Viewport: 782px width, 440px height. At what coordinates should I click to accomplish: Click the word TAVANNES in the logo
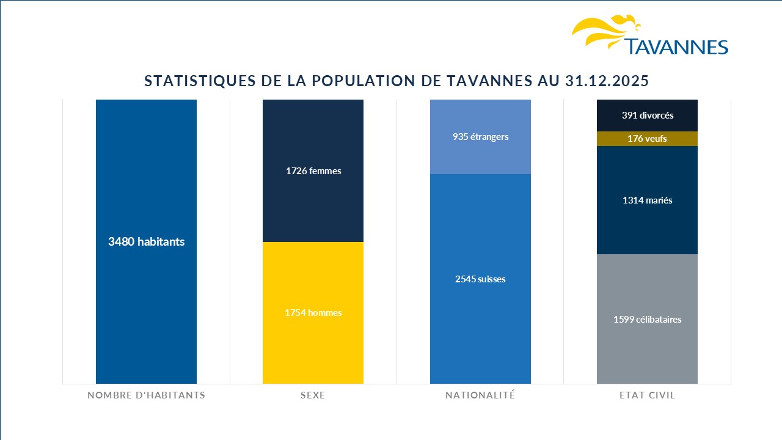tap(676, 47)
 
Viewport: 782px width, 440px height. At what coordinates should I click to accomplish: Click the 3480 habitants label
tap(146, 241)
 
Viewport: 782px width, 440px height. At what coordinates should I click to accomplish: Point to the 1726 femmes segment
tap(313, 183)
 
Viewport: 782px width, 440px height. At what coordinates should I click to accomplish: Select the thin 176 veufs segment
tap(647, 139)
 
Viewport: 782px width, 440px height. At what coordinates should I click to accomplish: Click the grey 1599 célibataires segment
tap(647, 342)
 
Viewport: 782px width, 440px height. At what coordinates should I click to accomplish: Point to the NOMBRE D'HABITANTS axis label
tap(146, 395)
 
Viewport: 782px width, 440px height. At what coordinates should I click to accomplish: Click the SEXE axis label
tap(313, 395)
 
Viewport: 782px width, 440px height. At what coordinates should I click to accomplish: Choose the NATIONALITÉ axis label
tap(480, 395)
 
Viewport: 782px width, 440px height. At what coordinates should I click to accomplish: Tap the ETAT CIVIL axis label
tap(647, 395)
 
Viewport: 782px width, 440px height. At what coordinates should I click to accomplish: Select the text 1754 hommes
tap(313, 313)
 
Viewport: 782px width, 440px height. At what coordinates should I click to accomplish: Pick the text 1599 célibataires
tap(647, 319)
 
